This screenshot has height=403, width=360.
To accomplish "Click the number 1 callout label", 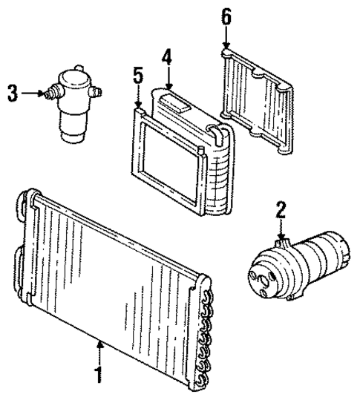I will coord(96,372).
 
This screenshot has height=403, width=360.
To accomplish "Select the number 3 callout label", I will coord(12,94).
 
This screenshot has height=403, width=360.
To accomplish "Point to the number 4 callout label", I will coord(168,56).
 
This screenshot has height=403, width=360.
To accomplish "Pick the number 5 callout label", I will coord(137,75).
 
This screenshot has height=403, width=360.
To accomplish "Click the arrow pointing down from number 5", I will coord(138,96).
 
